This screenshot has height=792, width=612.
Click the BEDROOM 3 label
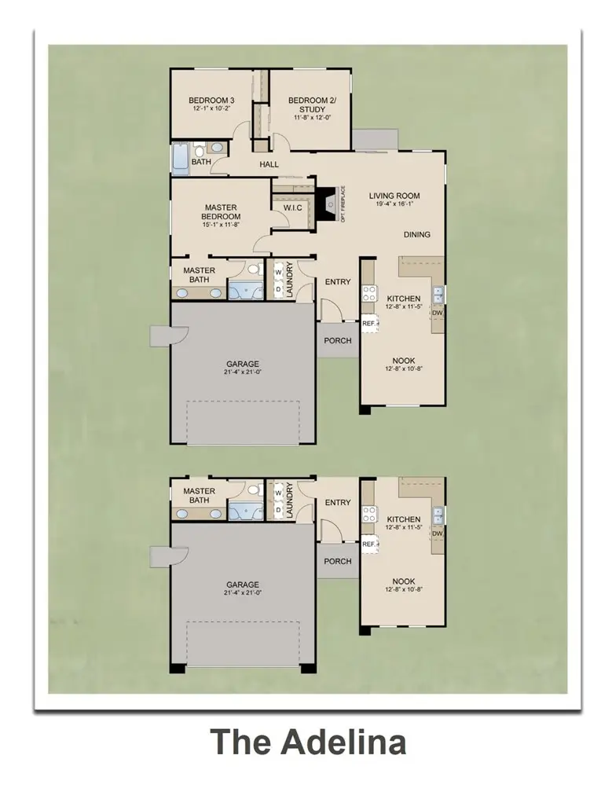coord(211,101)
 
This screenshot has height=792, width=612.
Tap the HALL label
coord(269,164)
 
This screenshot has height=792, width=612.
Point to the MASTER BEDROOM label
coord(221,212)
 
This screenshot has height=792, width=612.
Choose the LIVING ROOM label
coord(394,196)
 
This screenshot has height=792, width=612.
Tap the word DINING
coord(417,234)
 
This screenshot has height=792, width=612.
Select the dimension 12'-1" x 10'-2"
coord(211,111)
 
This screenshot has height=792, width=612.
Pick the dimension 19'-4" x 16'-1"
coord(394,205)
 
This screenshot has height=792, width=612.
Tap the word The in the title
coord(239,742)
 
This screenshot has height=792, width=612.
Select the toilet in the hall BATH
coord(200,148)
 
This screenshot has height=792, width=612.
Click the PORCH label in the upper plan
coord(338,341)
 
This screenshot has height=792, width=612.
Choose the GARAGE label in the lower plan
coord(243,585)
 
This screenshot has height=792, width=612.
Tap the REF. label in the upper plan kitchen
coord(368,322)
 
